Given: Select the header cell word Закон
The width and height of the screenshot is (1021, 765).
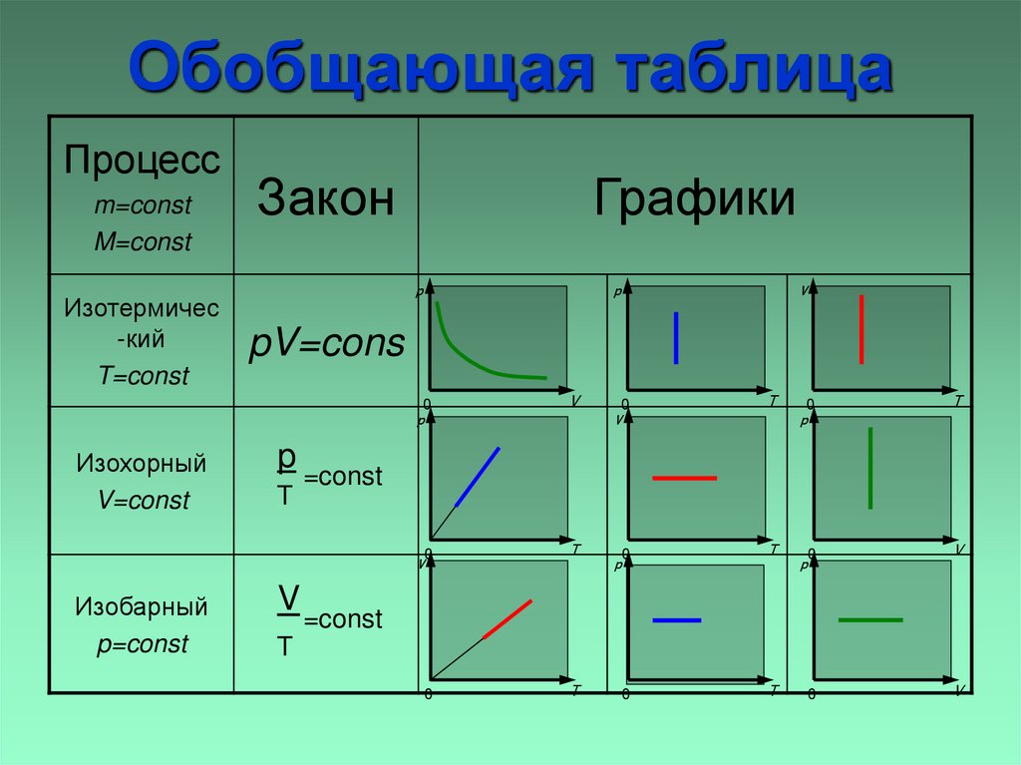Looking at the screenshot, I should click(x=325, y=198).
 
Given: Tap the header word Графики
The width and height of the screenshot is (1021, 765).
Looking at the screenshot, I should click(x=695, y=196).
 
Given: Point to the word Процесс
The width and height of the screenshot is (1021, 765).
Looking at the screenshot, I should click(x=142, y=161).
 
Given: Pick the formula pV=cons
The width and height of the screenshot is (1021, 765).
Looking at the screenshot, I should click(x=326, y=344).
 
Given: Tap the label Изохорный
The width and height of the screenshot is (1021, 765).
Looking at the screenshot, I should click(x=142, y=463).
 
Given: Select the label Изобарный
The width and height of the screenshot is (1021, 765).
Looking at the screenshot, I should click(x=142, y=606).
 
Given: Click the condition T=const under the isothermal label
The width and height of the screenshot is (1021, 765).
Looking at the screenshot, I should click(x=143, y=377).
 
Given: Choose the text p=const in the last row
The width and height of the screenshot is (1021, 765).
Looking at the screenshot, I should click(x=143, y=644).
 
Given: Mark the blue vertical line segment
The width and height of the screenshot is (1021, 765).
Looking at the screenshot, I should click(x=676, y=338).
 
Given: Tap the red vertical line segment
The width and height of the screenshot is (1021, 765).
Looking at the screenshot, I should click(x=860, y=329).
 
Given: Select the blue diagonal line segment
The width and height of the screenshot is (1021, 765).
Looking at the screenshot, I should click(x=478, y=477).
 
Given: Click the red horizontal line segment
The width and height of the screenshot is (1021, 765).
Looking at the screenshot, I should click(x=685, y=479).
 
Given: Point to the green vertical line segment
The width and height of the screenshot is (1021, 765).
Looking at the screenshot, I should click(x=870, y=468).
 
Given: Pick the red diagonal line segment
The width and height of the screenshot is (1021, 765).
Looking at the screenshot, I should click(x=508, y=618).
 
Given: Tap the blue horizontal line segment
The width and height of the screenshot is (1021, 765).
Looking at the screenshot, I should click(x=677, y=620).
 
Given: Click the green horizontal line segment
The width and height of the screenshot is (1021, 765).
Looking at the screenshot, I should click(x=870, y=620).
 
